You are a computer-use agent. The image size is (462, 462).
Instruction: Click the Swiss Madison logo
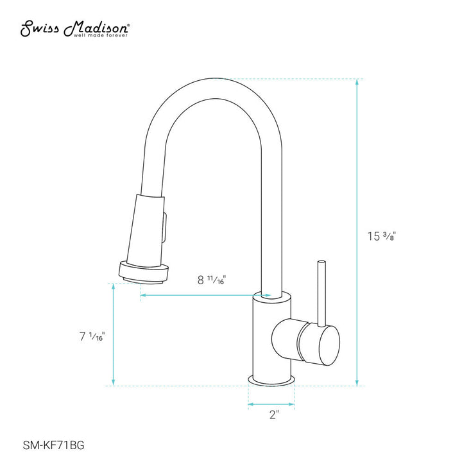tap(76, 28)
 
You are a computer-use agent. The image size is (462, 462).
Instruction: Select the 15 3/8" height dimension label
tap(379, 235)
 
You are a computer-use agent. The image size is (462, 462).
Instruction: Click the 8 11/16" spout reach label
tap(212, 279)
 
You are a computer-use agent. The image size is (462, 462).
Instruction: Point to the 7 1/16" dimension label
tap(92, 335)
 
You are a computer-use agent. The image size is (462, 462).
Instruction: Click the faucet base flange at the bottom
tap(271, 381)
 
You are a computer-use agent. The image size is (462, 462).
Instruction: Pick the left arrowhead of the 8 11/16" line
tap(143, 295)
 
